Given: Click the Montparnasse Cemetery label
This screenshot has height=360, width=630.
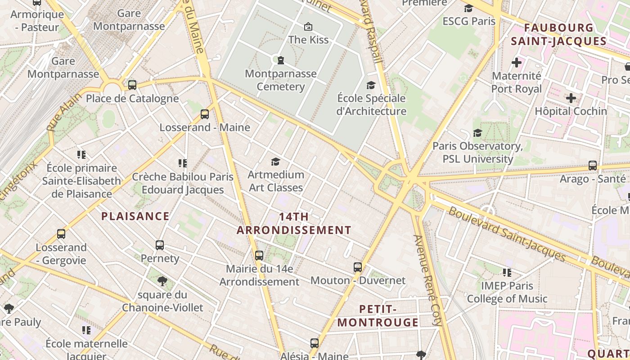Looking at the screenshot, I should coord(280,80).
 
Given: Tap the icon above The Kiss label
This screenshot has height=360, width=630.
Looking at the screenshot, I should coord(308,27).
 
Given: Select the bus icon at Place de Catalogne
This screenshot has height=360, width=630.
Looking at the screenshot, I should coord(132,85).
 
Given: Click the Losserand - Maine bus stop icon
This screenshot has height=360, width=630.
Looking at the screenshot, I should coord(205,114).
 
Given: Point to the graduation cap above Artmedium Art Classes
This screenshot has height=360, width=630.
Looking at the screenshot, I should coord(275,162).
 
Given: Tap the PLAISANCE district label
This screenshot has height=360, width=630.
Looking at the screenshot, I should coord(135,216).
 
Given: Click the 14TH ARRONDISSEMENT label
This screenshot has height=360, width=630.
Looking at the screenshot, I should coord(294,223).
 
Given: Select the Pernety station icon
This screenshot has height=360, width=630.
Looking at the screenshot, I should coord(160,245).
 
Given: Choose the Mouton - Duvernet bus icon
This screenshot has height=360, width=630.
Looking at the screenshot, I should coord(358,267).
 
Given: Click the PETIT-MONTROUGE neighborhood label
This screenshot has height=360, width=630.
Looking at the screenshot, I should coord(378,315).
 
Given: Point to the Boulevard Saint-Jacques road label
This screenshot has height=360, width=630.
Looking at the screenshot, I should coord(506,234).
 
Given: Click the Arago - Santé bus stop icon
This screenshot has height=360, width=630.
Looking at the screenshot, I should coord(593,165).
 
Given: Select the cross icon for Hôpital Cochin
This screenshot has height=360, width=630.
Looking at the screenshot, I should coord(571,98).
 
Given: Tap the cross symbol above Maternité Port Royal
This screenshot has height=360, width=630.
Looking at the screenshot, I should coord(516,63).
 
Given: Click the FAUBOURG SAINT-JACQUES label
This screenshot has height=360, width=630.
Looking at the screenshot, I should coord(565,34).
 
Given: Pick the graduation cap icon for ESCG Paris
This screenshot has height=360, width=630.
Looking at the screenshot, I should coord(468,8).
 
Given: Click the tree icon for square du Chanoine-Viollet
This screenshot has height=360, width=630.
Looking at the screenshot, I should coord(162,282).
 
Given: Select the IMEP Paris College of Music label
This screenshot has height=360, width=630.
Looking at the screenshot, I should coord(507,292).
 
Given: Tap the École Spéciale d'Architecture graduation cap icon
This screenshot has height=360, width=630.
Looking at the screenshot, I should coord(371,85).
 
